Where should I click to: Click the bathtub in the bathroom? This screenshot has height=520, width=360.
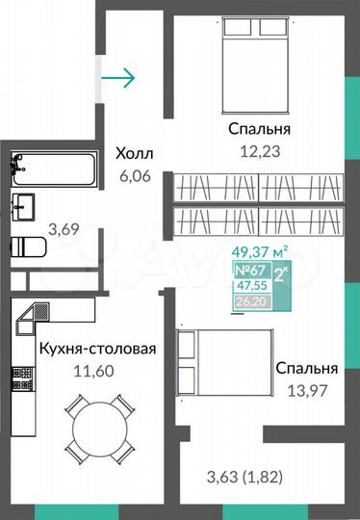click(x=53, y=169)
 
